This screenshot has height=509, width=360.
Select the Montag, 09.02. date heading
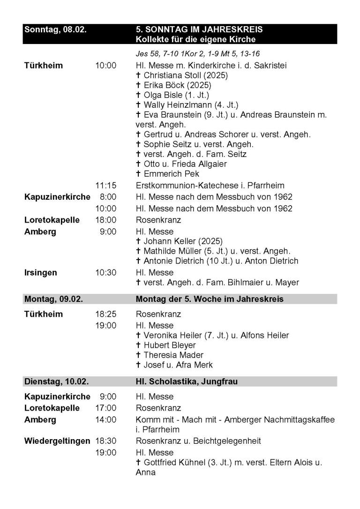(x=53, y=299)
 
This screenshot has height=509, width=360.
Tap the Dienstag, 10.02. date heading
(x=56, y=382)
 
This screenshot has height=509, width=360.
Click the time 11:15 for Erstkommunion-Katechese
(x=105, y=185)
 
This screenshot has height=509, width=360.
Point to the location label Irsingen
(x=40, y=273)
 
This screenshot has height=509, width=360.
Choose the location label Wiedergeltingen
(x=57, y=441)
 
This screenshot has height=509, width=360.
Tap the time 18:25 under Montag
(x=105, y=314)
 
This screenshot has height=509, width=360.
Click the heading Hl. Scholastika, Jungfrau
(x=187, y=382)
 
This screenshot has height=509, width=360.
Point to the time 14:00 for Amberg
(x=105, y=419)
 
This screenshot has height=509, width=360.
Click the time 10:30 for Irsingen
(x=105, y=273)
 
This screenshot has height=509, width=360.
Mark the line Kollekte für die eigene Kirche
(x=195, y=39)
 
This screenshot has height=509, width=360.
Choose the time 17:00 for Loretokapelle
(x=105, y=408)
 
